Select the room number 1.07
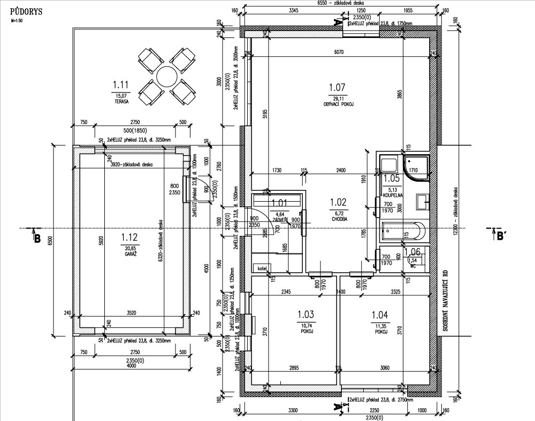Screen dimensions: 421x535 pos(337,87)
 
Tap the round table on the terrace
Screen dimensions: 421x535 pos(166,76)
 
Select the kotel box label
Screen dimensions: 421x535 pos(262,267)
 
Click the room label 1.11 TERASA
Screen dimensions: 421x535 pos(121,89)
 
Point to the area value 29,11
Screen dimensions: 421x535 pos(337,98)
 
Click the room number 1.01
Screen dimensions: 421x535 pos(279,203)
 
